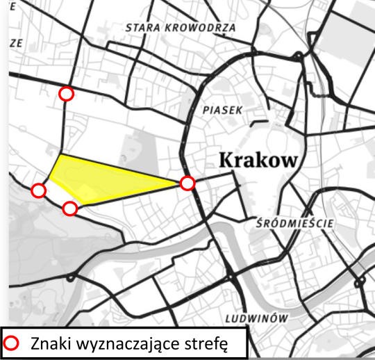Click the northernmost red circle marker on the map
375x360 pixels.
[x=66, y=94]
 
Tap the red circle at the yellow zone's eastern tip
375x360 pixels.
[x=187, y=183]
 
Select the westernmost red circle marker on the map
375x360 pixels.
[x=39, y=190]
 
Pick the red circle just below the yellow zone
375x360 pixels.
[x=69, y=208]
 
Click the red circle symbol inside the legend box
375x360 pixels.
[x=12, y=343]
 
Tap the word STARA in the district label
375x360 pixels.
[x=143, y=28]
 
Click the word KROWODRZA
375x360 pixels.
[x=201, y=28]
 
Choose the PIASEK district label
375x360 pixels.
[x=222, y=110]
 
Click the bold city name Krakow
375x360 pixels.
[x=258, y=159]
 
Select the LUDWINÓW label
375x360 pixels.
[x=256, y=318]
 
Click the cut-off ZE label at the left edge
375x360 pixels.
[x=16, y=42]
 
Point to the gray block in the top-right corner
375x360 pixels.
[x=347, y=35]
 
